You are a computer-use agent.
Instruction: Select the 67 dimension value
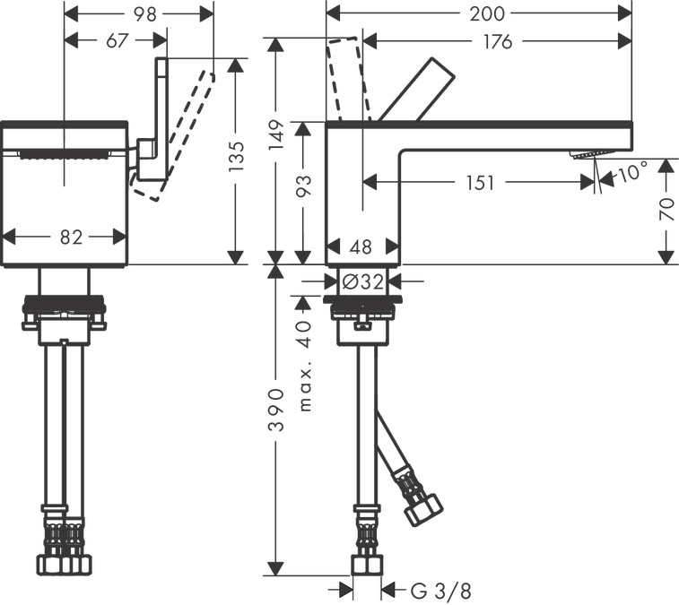pyautogui.click(x=117, y=40)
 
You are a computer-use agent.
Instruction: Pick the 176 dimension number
pyautogui.click(x=492, y=41)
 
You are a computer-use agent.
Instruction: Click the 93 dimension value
pyautogui.click(x=305, y=187)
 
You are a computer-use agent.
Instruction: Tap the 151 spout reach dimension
pyautogui.click(x=480, y=183)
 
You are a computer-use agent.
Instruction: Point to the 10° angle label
pyautogui.click(x=631, y=171)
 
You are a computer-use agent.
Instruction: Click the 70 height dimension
pyautogui.click(x=666, y=211)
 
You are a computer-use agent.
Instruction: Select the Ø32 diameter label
pyautogui.click(x=362, y=281)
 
